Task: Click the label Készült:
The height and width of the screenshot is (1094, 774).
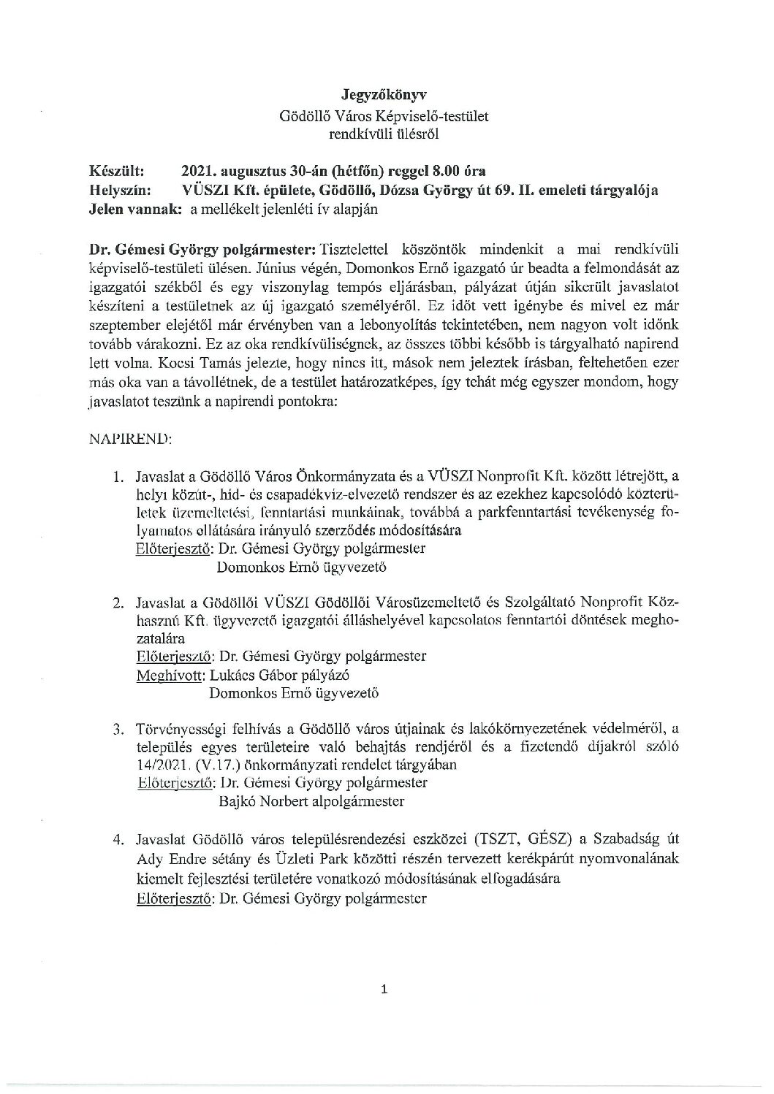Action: [116, 171]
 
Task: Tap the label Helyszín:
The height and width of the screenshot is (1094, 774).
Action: [120, 190]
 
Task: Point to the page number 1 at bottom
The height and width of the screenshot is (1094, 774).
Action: [384, 990]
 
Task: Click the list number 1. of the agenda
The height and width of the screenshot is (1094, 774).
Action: [118, 478]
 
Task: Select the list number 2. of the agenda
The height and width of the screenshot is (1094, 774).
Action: [118, 603]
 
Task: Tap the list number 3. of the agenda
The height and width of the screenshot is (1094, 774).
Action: [118, 728]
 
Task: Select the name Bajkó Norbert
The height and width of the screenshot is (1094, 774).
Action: [256, 801]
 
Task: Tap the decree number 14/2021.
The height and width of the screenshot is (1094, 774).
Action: [162, 765]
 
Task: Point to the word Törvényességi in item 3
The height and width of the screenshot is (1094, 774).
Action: [179, 728]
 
